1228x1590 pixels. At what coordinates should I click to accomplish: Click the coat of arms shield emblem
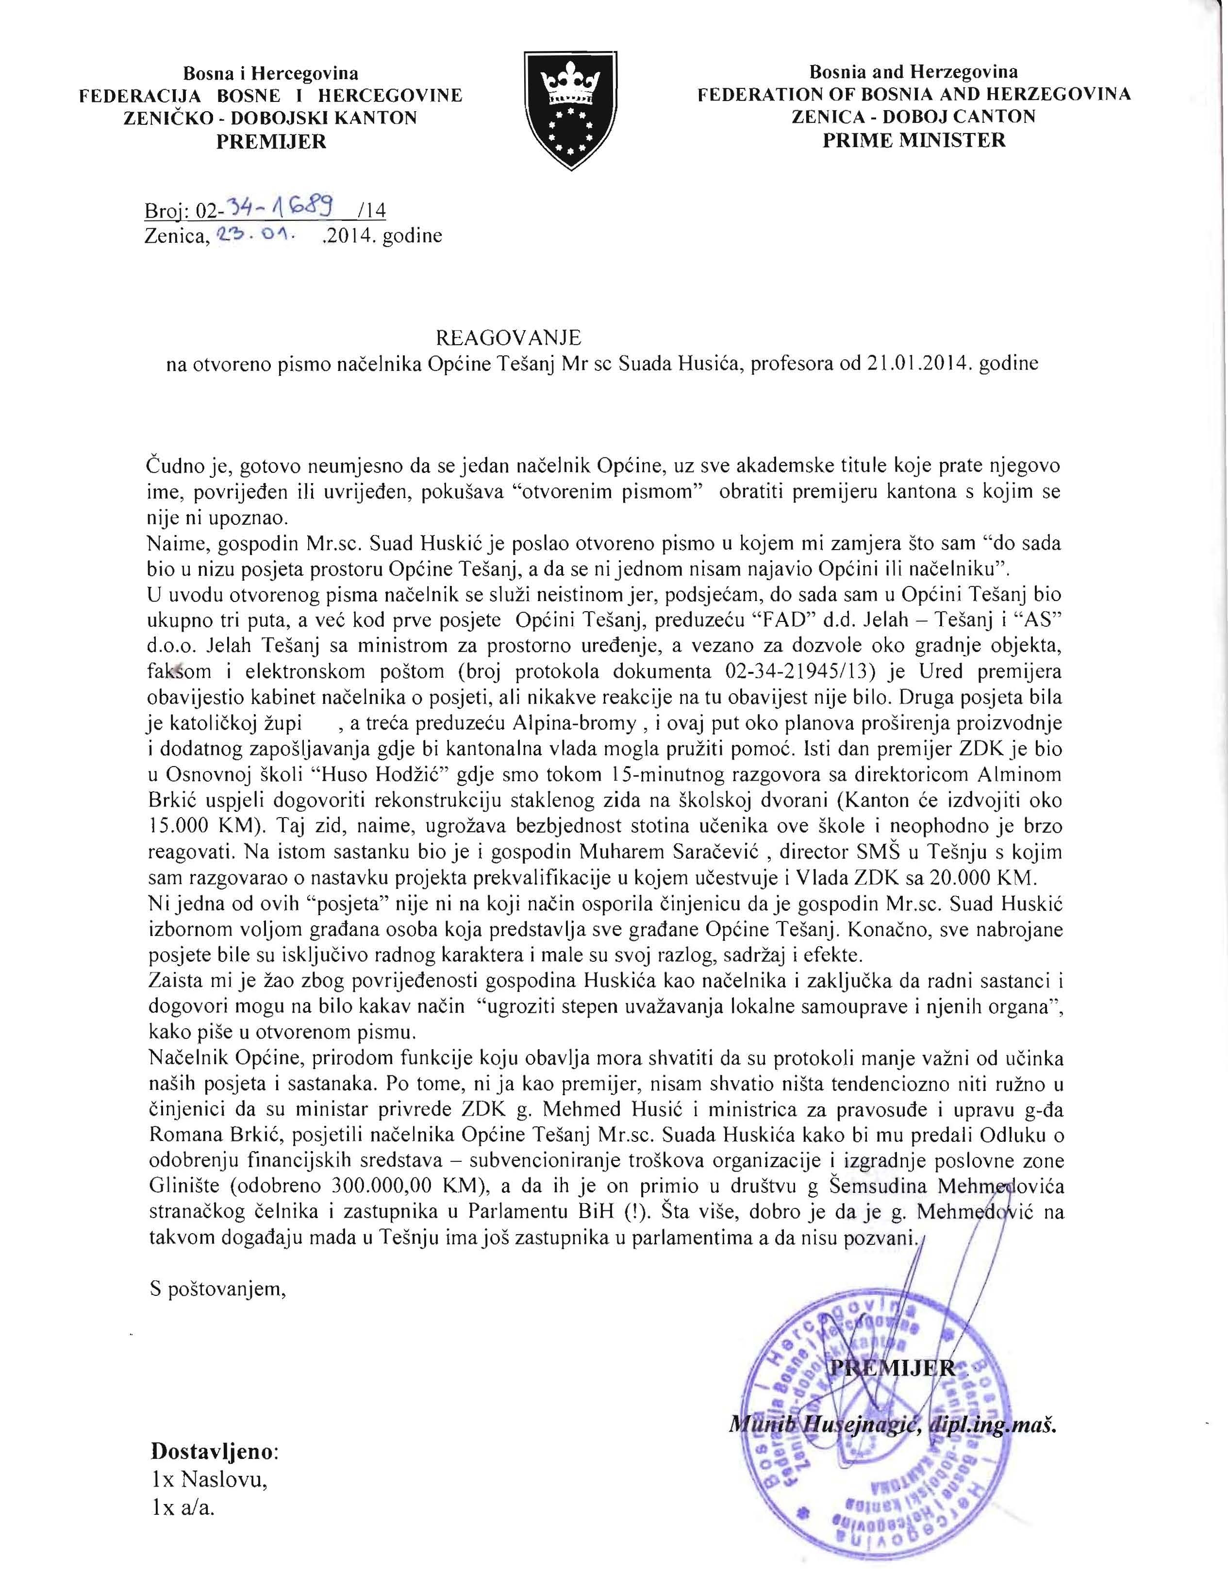point(571,109)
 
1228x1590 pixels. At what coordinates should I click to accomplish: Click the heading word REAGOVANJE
point(508,337)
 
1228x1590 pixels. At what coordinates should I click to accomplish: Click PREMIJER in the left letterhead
point(271,141)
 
